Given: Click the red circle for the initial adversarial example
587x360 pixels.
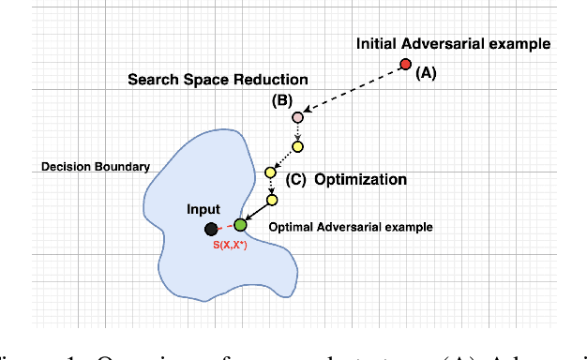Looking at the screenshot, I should tap(405, 65).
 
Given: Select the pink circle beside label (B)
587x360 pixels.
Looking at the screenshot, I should tap(297, 118).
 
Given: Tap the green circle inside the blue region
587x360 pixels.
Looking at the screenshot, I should tap(240, 224).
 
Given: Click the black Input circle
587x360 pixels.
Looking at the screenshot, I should tap(211, 228).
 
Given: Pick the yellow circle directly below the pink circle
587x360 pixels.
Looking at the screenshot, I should tap(297, 146).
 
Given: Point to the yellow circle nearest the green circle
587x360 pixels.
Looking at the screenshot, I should tap(272, 199).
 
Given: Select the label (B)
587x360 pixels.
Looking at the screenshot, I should tap(281, 99).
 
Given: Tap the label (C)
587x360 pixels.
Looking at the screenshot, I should tap(294, 179).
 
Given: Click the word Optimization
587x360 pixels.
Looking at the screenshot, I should tap(361, 179).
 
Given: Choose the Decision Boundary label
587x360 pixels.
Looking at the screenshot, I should tap(96, 167).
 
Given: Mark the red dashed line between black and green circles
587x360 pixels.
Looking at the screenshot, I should tap(225, 227).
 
